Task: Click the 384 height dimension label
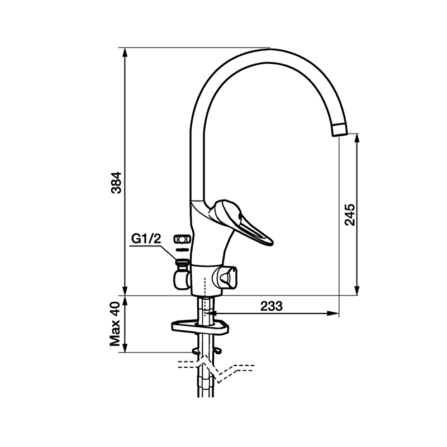click(x=116, y=183)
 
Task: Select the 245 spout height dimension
click(x=350, y=215)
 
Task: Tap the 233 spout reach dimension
click(x=272, y=306)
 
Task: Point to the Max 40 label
click(x=116, y=324)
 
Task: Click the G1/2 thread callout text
click(x=146, y=239)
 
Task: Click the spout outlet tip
click(x=340, y=130)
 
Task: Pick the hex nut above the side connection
click(x=183, y=239)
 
